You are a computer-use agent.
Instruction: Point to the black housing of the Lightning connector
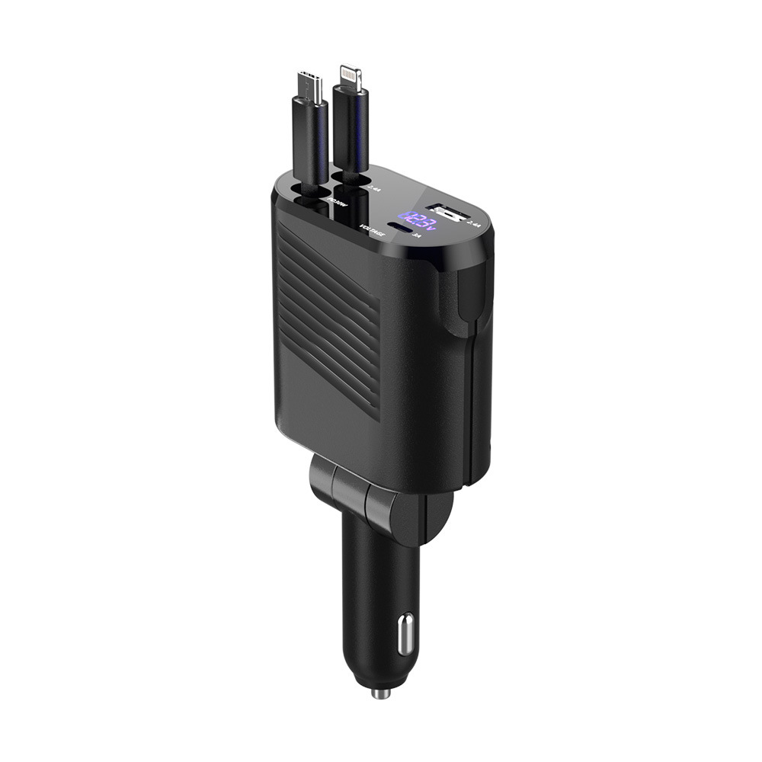pos(351,130)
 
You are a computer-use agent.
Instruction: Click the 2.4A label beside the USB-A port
pos(475,224)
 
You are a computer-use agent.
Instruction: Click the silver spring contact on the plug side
pos(405,632)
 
